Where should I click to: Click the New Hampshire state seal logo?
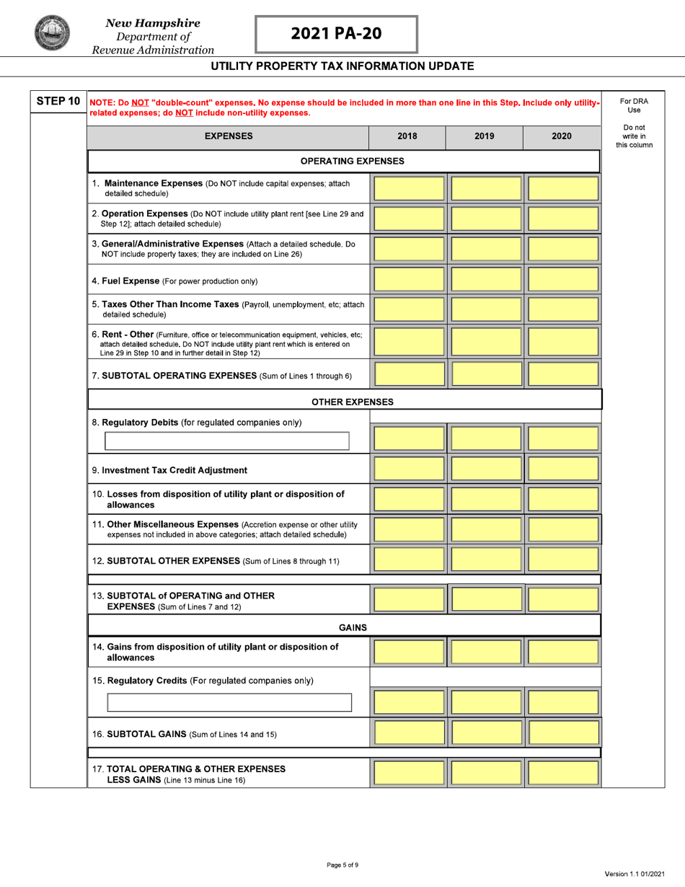point(51,34)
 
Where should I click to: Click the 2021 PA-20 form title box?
point(336,34)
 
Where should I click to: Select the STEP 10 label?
point(58,101)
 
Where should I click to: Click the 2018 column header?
point(407,136)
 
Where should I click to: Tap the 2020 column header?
point(562,136)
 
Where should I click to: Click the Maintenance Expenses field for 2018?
point(409,188)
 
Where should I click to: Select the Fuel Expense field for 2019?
point(485,280)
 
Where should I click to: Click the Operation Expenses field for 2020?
point(562,219)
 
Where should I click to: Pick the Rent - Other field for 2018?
point(409,342)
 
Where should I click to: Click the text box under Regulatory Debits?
point(227,441)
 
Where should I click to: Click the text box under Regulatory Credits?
point(229,702)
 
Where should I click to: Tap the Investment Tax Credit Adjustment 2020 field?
point(562,469)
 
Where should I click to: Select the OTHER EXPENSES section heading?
point(353,402)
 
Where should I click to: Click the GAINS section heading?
point(353,627)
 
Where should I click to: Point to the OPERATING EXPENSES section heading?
point(352,161)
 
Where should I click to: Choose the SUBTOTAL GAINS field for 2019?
point(485,733)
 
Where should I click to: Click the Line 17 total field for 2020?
point(562,773)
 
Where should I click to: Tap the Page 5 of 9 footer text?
point(342,865)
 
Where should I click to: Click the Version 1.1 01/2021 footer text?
point(635,874)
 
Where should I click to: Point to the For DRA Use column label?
point(634,105)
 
